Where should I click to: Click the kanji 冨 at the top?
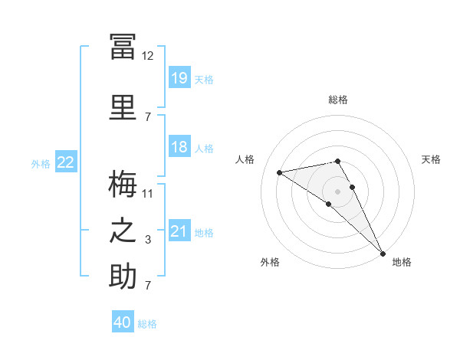click(123, 47)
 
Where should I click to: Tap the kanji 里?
click(123, 107)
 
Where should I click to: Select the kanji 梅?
click(123, 184)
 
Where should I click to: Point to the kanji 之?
click(123, 231)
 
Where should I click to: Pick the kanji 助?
click(123, 276)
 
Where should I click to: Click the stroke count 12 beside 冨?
click(147, 56)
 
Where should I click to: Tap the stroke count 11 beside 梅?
click(147, 194)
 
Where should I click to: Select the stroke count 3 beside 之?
click(148, 240)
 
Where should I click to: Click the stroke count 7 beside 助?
click(148, 285)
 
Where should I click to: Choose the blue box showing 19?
click(179, 77)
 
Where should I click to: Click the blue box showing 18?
click(179, 146)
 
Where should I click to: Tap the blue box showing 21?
click(179, 230)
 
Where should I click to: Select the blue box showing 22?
click(66, 162)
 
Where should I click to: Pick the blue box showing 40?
click(123, 321)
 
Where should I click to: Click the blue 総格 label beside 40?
click(147, 324)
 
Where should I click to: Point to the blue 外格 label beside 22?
click(41, 164)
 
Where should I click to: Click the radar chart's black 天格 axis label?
click(431, 159)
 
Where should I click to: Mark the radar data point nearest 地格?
click(383, 254)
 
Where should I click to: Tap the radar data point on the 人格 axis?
click(280, 172)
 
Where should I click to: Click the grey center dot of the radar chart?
click(337, 191)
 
